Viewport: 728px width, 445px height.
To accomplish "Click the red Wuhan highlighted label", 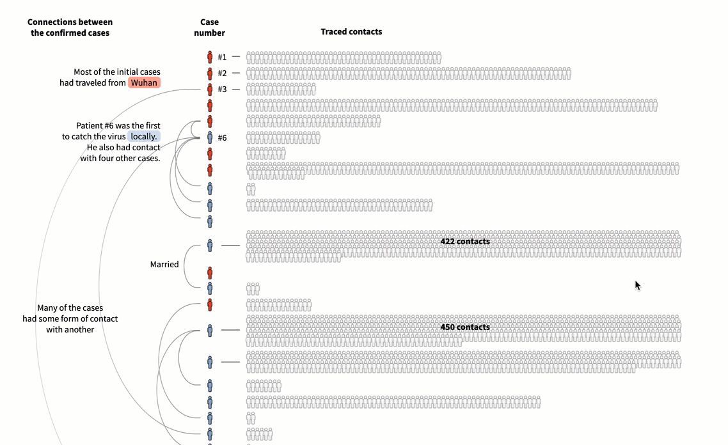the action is [144, 82].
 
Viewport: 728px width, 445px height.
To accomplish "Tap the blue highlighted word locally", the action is [144, 136].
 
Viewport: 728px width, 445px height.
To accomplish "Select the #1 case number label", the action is [222, 57].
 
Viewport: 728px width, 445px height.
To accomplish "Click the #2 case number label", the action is [222, 74].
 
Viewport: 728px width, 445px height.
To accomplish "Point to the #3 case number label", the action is [222, 89].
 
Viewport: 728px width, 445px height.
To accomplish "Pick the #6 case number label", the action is [222, 138].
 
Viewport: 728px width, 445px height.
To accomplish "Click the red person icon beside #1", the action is [210, 57].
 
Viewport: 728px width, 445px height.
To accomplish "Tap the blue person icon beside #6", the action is [210, 137].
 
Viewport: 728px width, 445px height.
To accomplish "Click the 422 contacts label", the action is [465, 241].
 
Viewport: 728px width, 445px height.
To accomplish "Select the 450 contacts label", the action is [465, 327].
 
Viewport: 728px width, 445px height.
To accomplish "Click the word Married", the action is [164, 265].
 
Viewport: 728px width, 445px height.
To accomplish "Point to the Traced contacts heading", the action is [351, 31].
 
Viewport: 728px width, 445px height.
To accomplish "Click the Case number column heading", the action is [209, 27].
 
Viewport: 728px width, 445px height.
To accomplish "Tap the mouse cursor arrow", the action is [637, 285].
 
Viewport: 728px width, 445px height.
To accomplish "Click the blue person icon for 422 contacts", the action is [210, 246].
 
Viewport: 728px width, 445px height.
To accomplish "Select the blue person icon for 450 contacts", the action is [210, 331].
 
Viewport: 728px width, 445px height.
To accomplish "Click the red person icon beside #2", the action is [210, 74].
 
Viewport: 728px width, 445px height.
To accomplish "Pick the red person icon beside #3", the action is [210, 89].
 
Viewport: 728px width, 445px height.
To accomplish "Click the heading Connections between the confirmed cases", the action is [70, 27].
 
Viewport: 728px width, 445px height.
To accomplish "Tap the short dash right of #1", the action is [236, 57].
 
